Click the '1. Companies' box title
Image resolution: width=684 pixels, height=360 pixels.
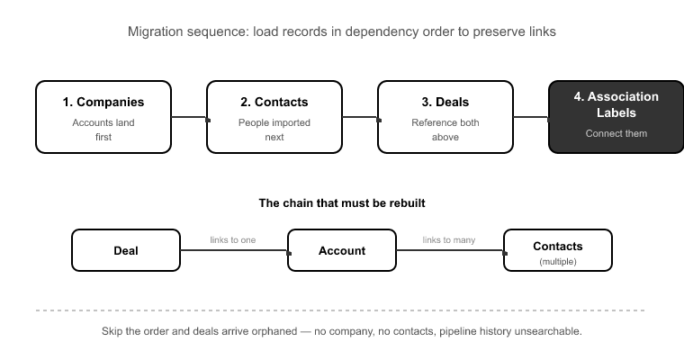[103, 102]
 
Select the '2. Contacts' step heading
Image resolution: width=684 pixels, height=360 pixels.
[274, 102]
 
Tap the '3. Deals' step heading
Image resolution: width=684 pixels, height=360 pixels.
[445, 102]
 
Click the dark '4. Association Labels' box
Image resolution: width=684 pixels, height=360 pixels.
[616, 117]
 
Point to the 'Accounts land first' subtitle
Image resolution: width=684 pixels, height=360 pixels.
[103, 130]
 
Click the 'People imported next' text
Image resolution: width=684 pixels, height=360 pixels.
[274, 130]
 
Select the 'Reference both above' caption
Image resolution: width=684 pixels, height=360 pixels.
[445, 130]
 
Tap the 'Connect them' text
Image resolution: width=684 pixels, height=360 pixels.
[616, 133]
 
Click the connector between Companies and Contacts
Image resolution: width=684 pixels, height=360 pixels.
[189, 117]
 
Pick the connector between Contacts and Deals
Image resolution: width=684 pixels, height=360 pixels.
[360, 117]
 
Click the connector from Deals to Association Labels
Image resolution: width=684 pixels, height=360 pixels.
[531, 117]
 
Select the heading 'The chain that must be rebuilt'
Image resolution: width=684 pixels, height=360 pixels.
[342, 203]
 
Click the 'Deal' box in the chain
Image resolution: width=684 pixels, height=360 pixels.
[126, 250]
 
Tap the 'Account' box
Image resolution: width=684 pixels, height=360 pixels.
[342, 250]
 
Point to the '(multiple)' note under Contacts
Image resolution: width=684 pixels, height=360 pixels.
[558, 262]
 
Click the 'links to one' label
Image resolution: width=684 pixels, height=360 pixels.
[233, 240]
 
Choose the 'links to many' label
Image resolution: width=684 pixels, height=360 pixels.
[449, 240]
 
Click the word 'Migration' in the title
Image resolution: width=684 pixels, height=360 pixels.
[156, 31]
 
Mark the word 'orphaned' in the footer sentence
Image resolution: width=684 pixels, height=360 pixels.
[274, 331]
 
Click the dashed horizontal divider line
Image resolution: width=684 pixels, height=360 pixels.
[340, 310]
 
